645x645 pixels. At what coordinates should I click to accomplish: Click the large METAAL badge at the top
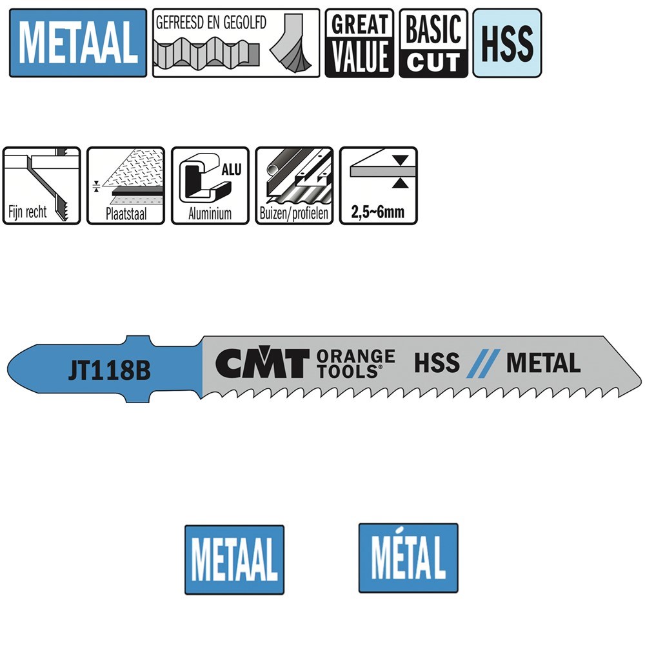tap(78, 43)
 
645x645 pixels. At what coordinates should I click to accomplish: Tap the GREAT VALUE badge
tap(359, 43)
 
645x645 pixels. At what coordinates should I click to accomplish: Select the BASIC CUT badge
tap(433, 43)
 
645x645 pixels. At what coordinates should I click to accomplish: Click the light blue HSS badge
tap(507, 43)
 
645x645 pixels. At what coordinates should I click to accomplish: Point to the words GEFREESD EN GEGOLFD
tap(211, 23)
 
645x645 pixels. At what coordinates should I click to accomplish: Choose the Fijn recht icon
tap(41, 186)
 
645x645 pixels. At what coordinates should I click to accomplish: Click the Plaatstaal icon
tap(126, 186)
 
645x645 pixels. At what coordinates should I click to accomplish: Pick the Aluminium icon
tap(210, 186)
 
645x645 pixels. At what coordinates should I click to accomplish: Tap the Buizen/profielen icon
tap(294, 186)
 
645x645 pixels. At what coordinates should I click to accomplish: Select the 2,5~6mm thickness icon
tap(379, 186)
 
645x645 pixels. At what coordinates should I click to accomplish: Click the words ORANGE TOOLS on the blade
tap(355, 364)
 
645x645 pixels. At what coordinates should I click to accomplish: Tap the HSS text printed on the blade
tap(437, 364)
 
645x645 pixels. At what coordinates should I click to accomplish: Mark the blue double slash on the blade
tap(482, 364)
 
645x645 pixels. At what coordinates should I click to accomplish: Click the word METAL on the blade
tap(543, 364)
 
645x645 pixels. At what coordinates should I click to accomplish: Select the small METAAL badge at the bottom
tap(234, 559)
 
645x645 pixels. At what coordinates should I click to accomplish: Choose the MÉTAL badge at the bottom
tap(408, 558)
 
